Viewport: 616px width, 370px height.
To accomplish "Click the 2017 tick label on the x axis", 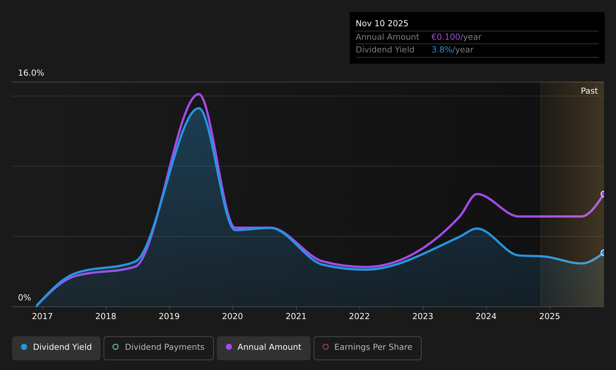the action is [x=42, y=316].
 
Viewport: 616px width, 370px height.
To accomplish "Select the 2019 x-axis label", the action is [x=169, y=316].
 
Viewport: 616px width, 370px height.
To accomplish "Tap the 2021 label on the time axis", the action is [x=296, y=316].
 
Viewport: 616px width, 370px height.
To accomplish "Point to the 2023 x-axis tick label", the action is [x=423, y=316].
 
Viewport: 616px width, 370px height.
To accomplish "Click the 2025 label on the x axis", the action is [x=550, y=316].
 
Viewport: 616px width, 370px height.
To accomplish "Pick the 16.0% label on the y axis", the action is [x=31, y=73].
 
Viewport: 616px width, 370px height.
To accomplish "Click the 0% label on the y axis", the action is [x=24, y=298].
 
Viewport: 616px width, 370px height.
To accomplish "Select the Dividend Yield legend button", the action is [x=56, y=348].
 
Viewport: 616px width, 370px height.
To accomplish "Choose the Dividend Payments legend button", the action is [x=159, y=348].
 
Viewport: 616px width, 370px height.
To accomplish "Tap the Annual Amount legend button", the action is [x=263, y=348].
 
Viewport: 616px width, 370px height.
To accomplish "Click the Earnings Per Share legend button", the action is [x=367, y=348].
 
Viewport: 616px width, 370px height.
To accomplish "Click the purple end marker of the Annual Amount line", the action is [x=603, y=194].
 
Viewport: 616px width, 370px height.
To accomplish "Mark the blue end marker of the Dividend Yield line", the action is [x=603, y=252].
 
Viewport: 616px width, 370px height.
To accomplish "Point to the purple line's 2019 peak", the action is [x=198, y=94].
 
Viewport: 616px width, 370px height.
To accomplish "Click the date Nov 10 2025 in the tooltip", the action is [x=382, y=24].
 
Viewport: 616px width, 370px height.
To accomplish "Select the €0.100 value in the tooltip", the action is [x=446, y=37].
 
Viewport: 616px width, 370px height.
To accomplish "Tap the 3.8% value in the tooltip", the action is [x=442, y=50].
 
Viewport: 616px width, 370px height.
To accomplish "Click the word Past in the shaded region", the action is [x=589, y=91].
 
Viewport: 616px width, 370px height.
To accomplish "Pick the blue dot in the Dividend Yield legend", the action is [x=24, y=347].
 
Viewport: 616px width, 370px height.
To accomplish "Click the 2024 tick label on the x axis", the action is [x=486, y=316].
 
